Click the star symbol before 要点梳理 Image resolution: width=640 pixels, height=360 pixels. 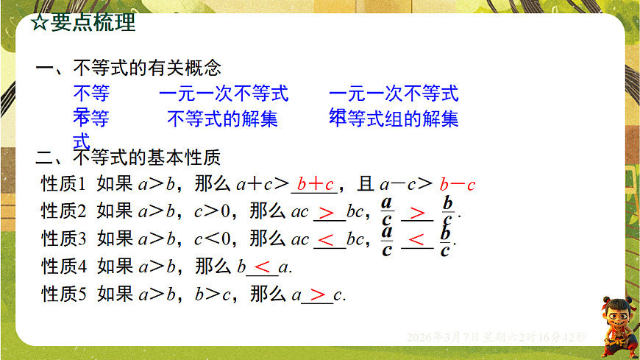40,23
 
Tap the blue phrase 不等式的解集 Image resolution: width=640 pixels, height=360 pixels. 222,118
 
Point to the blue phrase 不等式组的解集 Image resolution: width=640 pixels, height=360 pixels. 401,118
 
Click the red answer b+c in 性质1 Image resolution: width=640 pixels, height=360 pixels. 316,184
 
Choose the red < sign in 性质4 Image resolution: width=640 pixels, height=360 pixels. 262,267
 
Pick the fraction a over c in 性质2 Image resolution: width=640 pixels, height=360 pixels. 387,211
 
